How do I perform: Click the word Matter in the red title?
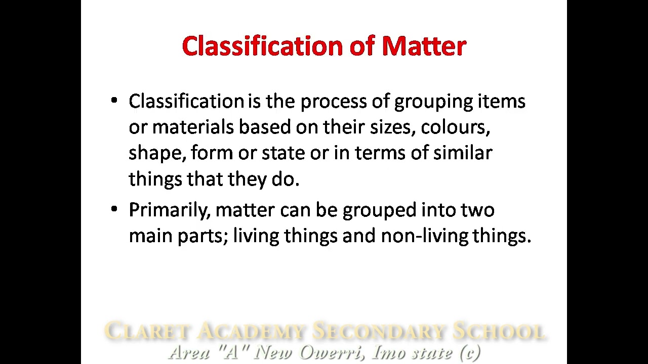(424, 46)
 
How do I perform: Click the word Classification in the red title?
(262, 46)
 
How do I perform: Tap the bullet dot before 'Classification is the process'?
(114, 101)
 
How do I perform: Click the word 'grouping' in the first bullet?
(433, 102)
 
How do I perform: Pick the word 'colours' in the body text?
(454, 127)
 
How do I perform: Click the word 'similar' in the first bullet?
(462, 153)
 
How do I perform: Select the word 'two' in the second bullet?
(477, 210)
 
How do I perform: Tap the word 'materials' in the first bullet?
(192, 127)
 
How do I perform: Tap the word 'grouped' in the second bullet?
(379, 210)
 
